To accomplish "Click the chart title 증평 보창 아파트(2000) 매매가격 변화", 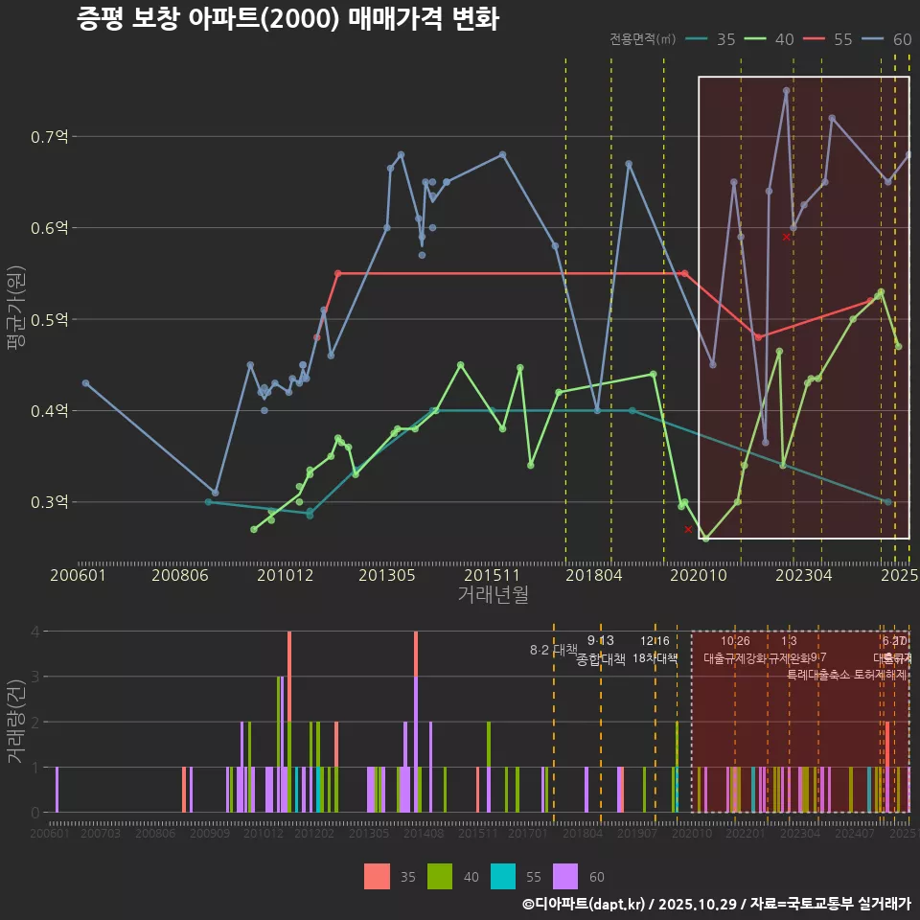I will pyautogui.click(x=287, y=19).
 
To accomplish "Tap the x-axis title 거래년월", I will pyautogui.click(x=493, y=594).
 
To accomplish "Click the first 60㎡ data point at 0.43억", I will pyautogui.click(x=85, y=383).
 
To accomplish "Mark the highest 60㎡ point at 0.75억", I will pyautogui.click(x=786, y=91).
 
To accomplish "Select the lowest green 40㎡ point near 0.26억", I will pyautogui.click(x=706, y=539).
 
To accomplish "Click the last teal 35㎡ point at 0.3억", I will pyautogui.click(x=888, y=502).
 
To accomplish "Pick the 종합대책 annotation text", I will pyautogui.click(x=601, y=659).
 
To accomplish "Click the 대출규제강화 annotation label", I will pyautogui.click(x=735, y=659).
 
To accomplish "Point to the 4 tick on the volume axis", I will pyautogui.click(x=34, y=632).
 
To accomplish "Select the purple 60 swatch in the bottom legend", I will pyautogui.click(x=566, y=876).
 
